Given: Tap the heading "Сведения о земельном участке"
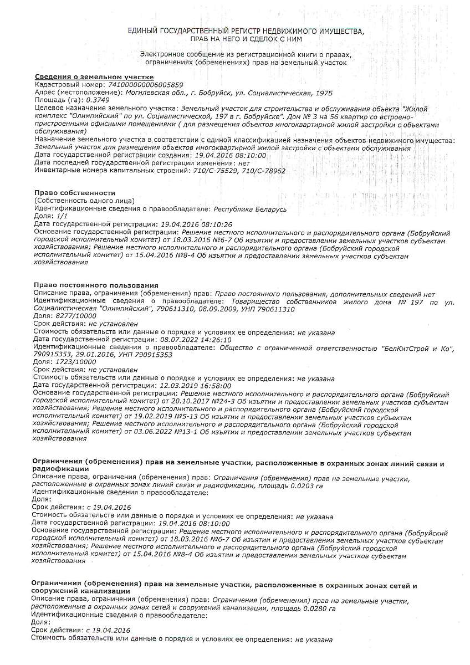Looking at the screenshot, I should (x=94, y=76).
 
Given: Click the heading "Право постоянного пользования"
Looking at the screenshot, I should (x=95, y=285).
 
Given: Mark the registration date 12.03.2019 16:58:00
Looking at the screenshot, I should (x=195, y=385).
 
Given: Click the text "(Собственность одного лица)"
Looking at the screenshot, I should (x=84, y=200).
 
